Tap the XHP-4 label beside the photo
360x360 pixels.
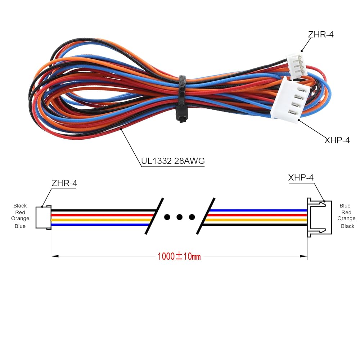(x=337, y=140)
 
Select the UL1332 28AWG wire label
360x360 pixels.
(x=173, y=161)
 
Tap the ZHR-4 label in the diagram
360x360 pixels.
(x=64, y=183)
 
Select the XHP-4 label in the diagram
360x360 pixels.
(x=301, y=177)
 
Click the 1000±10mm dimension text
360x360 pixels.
(x=179, y=256)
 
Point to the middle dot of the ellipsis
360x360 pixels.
(x=179, y=217)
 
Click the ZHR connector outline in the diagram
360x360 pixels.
(x=43, y=217)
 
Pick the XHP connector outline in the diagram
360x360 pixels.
(x=316, y=217)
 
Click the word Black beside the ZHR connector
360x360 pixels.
(x=20, y=206)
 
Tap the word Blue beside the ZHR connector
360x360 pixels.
(x=20, y=226)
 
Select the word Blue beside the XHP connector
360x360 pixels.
(x=345, y=206)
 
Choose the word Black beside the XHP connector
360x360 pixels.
(x=348, y=226)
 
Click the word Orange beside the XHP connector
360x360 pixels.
(x=346, y=219)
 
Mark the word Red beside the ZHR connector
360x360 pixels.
(x=20, y=212)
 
